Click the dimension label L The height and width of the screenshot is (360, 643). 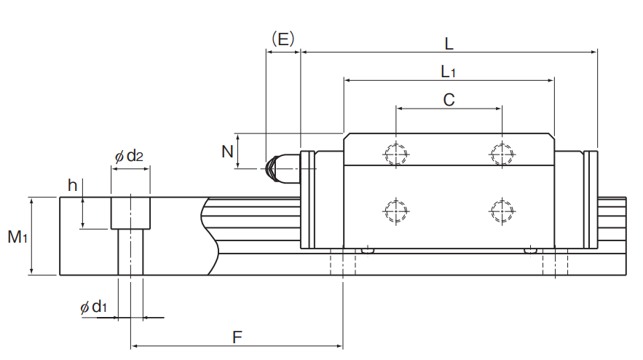coord(449,44)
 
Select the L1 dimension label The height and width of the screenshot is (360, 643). coord(449,72)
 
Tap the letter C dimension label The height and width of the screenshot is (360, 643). coord(449,100)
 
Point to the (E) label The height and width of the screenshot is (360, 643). coord(283,39)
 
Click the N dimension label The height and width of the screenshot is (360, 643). coord(227,152)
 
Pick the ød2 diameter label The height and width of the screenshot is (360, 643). coord(129,156)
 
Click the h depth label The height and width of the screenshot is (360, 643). coord(73,185)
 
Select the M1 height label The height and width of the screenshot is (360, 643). coord(17,237)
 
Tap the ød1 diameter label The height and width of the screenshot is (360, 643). coord(93,307)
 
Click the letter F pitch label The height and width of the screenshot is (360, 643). coord(237,337)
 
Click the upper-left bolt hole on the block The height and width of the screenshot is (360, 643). coord(396,154)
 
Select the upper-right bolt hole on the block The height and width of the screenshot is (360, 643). coord(502,154)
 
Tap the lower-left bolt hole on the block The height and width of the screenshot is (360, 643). coord(396,211)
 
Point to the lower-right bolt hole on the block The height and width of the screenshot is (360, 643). coord(502,211)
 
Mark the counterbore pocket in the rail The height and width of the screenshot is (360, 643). coord(130,213)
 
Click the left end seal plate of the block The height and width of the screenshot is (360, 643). coord(307,200)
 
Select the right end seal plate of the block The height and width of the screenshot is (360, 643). coord(591,200)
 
